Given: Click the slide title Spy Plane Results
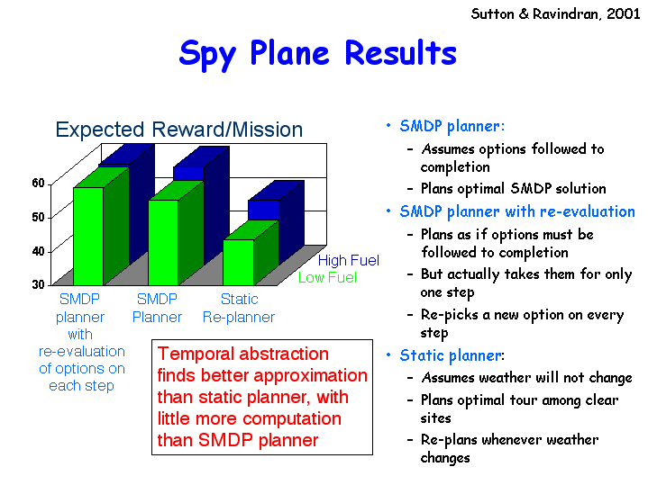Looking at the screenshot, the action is [x=317, y=54].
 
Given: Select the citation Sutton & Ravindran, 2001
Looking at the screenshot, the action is [x=555, y=14].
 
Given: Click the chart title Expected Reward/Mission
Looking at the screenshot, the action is [x=179, y=130].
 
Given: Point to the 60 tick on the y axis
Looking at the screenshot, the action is [x=39, y=184].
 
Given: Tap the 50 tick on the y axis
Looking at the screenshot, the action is [x=39, y=217].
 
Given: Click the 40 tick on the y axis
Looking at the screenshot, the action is [x=39, y=251].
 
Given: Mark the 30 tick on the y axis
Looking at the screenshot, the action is [x=39, y=284].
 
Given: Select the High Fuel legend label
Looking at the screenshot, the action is [x=349, y=260].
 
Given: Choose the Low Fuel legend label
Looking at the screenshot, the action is [x=327, y=278].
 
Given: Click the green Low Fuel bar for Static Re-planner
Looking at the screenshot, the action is [x=239, y=262].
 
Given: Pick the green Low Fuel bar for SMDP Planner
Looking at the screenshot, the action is [x=163, y=242].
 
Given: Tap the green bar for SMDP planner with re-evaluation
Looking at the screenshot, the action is [x=88, y=236].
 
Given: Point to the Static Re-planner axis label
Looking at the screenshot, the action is [x=239, y=308].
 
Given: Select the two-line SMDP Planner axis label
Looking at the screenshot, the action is [x=157, y=308].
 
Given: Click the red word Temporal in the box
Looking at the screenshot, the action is [x=196, y=355].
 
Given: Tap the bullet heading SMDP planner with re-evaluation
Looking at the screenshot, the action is [x=517, y=211].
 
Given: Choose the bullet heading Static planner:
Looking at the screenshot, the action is [x=452, y=355].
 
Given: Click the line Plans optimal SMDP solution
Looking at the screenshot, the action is [x=514, y=189].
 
